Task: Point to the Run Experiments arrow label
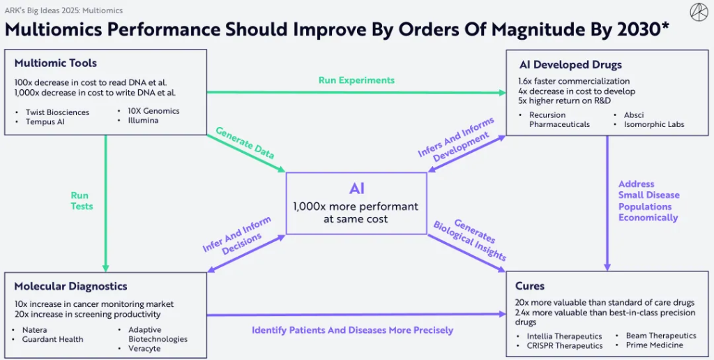click(x=356, y=80)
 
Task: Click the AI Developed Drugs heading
click(x=570, y=65)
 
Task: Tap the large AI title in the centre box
click(x=356, y=188)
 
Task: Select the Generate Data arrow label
click(x=245, y=142)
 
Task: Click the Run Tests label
click(x=81, y=201)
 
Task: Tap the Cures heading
click(x=530, y=286)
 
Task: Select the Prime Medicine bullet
click(x=654, y=345)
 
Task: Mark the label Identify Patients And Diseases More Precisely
click(x=352, y=330)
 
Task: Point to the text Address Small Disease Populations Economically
click(x=648, y=201)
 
